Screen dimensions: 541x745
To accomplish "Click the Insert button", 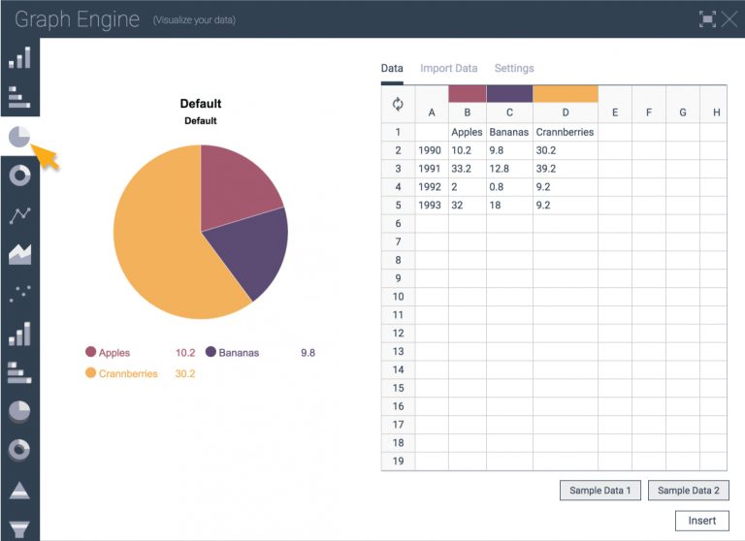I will click(701, 521).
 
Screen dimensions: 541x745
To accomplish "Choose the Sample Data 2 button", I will click(688, 491).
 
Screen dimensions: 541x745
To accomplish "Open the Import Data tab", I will click(448, 69).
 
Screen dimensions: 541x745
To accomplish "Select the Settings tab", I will click(514, 69).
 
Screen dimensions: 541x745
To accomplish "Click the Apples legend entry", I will click(113, 353).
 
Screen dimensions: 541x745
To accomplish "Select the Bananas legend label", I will click(239, 353).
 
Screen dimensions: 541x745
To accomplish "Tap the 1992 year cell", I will click(430, 187).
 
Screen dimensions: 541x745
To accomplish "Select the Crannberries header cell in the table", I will click(565, 132).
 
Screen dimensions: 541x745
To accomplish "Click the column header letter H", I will click(716, 112).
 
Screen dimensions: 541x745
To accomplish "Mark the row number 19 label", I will click(398, 461).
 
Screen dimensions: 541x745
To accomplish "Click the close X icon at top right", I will click(729, 18).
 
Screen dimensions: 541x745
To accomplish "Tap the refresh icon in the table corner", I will click(398, 105).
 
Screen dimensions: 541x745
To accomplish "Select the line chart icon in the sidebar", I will click(19, 215).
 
